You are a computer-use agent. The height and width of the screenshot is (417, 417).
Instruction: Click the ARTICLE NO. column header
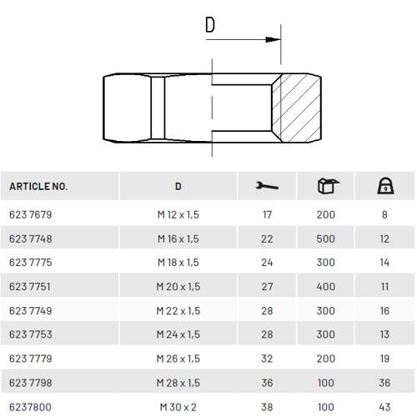point(38,186)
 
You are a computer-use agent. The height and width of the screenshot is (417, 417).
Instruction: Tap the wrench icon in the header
point(267,186)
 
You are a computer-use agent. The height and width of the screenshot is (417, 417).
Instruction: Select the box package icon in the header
point(328,186)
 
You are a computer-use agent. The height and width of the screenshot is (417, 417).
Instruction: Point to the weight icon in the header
point(385,186)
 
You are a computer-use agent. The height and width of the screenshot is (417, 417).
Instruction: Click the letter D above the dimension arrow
point(210,25)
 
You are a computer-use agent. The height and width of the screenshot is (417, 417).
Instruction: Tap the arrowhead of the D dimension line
point(273,39)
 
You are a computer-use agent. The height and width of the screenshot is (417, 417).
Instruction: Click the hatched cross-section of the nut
point(297,108)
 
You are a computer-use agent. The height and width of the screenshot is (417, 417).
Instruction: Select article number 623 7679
point(31,214)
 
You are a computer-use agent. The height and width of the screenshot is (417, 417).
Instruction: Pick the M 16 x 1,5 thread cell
point(178,239)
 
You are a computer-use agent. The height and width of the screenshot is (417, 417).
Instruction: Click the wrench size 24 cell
point(267,263)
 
